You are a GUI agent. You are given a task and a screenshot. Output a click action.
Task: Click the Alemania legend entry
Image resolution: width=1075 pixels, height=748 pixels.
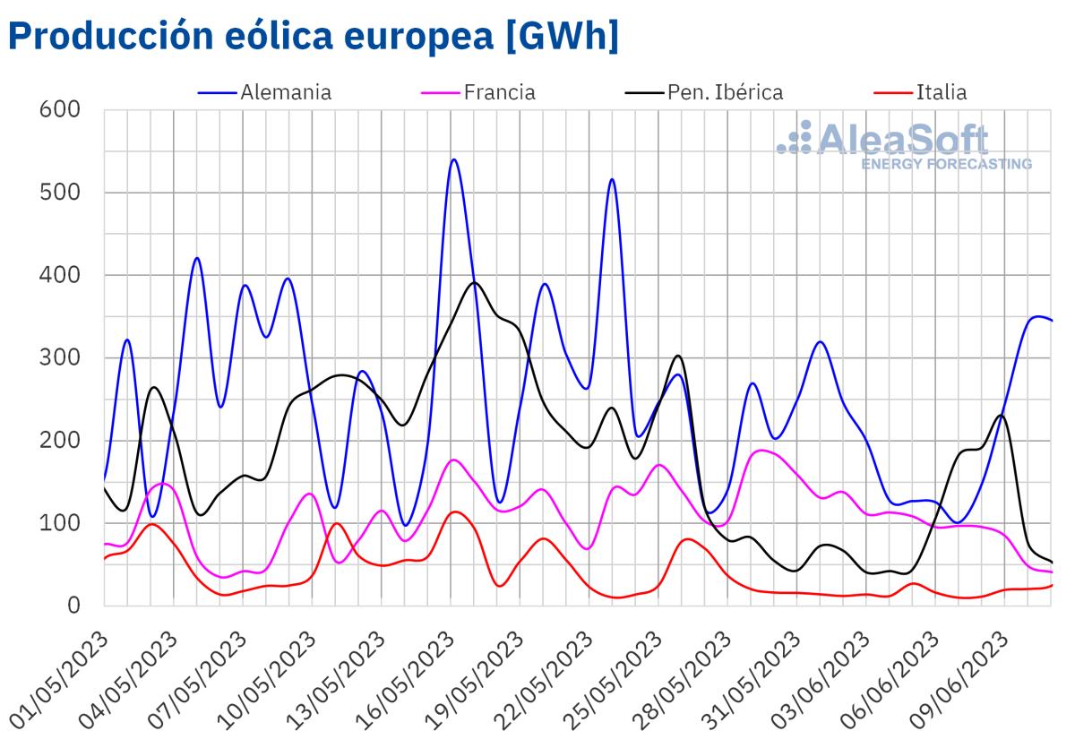[x=286, y=92]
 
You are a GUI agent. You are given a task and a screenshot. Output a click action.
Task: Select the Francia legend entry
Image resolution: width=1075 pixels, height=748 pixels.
[x=499, y=92]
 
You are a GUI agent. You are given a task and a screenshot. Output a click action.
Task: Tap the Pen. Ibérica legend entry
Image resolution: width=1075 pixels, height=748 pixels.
[x=724, y=92]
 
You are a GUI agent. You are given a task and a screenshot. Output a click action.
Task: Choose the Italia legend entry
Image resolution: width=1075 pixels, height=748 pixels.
[x=941, y=92]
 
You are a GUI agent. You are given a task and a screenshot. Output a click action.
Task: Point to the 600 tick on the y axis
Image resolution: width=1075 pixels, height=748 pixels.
[x=61, y=109]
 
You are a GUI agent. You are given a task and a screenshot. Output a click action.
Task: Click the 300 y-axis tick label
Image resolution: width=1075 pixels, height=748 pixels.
[x=61, y=357]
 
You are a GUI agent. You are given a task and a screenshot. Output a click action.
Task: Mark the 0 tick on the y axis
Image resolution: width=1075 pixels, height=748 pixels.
[x=74, y=606]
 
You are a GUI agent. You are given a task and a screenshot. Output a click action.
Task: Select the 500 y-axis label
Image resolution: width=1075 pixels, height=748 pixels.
[x=61, y=193]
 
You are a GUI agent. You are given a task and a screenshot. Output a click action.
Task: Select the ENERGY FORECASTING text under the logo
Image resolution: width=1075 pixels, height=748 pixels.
[x=946, y=164]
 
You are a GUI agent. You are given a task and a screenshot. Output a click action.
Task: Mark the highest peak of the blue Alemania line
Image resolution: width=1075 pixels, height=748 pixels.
[x=454, y=159]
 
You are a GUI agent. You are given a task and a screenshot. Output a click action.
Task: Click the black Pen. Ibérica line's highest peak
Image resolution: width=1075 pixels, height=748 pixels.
[x=475, y=282]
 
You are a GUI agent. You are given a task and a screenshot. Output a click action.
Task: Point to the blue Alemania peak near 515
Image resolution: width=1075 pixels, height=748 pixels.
[x=613, y=179]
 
